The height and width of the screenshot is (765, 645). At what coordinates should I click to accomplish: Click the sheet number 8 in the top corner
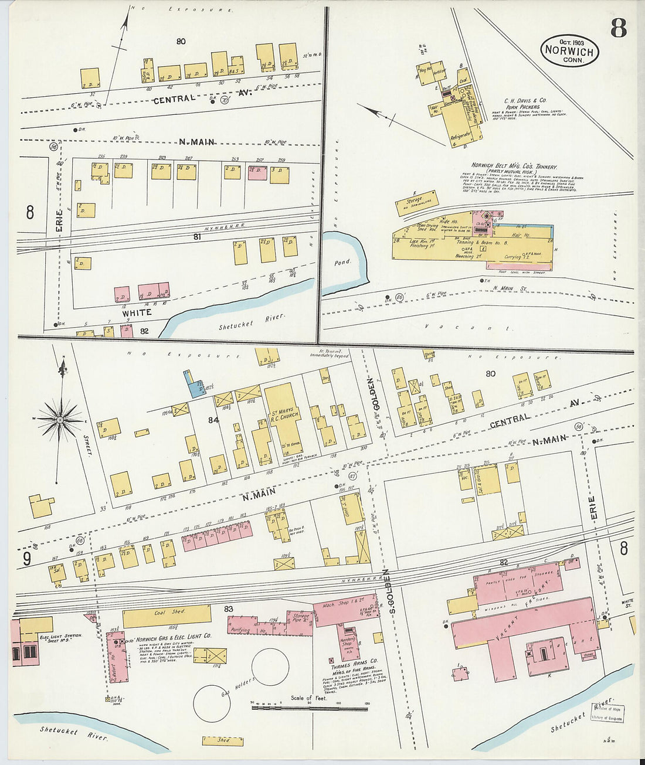[618, 28]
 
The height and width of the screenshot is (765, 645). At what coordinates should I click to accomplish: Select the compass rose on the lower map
[60, 420]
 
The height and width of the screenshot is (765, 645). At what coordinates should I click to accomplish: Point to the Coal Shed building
[167, 614]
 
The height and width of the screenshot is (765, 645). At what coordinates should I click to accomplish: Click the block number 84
[213, 420]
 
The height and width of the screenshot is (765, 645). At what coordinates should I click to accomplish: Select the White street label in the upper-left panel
[137, 312]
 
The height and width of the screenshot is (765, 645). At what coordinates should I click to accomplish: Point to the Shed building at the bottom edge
[223, 740]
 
